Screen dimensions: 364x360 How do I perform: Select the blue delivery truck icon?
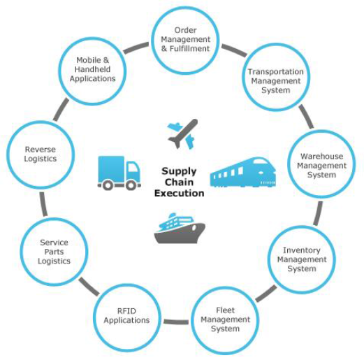point(119,173)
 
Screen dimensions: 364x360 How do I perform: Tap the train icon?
point(243,173)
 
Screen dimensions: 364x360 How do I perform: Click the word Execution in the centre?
point(180,194)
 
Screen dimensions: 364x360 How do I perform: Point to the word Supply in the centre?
point(179,172)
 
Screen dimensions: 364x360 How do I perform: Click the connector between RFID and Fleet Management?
point(176,322)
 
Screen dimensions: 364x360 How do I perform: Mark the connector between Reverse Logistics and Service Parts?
point(43,204)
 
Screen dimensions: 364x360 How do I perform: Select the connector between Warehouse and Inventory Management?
point(318,213)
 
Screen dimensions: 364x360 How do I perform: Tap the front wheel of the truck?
point(131,185)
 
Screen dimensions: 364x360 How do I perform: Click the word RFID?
point(126,311)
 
